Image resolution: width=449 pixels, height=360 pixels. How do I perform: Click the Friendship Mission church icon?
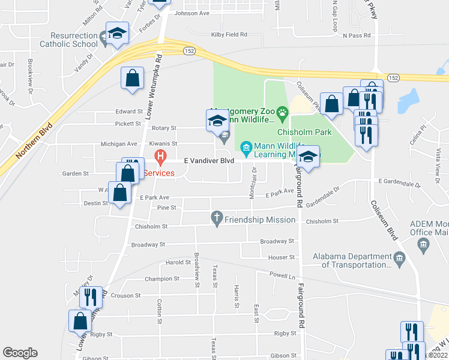[217, 220]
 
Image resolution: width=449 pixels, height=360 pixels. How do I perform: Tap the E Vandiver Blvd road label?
[209, 161]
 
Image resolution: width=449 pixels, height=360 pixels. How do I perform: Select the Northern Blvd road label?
[34, 141]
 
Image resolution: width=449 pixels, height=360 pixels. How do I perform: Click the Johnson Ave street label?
[192, 13]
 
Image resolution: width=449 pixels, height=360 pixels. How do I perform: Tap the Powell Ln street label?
[283, 277]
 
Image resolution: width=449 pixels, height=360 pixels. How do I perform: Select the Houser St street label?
[282, 257]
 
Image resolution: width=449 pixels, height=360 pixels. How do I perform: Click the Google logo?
[20, 353]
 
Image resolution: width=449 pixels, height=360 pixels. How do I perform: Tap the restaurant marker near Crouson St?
[91, 297]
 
